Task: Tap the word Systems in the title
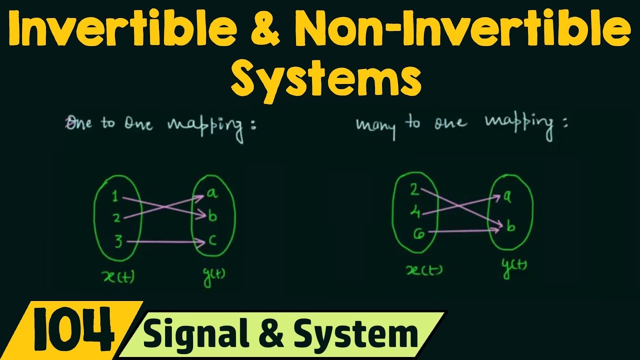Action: click(x=326, y=78)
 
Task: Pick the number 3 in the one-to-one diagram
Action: click(x=118, y=241)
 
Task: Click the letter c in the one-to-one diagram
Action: click(x=212, y=240)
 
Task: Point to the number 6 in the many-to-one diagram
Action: click(x=419, y=234)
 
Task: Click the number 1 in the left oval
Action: click(x=115, y=196)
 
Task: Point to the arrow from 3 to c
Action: click(x=165, y=242)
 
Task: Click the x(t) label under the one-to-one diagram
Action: click(x=118, y=276)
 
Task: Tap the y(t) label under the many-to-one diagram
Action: click(x=514, y=268)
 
